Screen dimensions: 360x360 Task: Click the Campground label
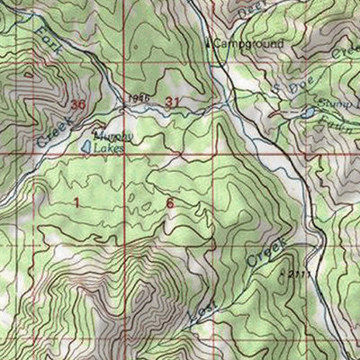pyautogui.click(x=249, y=43)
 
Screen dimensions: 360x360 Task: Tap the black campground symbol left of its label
pyautogui.click(x=211, y=42)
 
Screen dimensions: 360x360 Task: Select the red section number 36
pyautogui.click(x=77, y=105)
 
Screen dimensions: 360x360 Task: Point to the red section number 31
pyautogui.click(x=174, y=103)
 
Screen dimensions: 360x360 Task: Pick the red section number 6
pyautogui.click(x=169, y=204)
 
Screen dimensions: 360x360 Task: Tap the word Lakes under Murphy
pyautogui.click(x=112, y=144)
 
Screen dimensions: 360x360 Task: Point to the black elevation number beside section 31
pyautogui.click(x=137, y=97)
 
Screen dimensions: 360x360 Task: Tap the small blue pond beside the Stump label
pyautogui.click(x=308, y=114)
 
